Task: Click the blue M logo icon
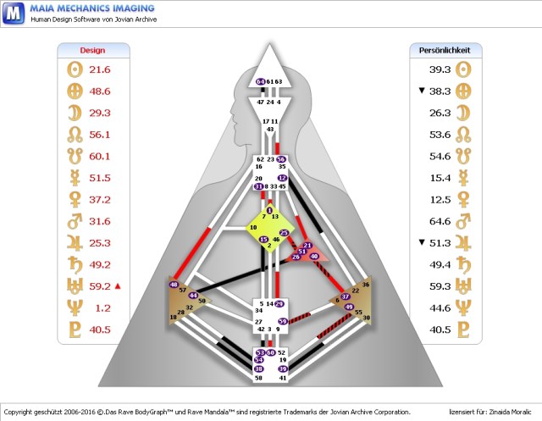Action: coord(13,14)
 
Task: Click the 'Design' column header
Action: coord(92,50)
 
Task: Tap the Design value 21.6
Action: coord(100,69)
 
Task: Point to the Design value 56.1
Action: coord(100,135)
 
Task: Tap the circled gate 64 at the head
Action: coord(260,81)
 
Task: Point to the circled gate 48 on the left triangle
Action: coord(174,285)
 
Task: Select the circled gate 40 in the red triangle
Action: coord(314,256)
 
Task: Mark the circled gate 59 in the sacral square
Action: coord(282,321)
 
